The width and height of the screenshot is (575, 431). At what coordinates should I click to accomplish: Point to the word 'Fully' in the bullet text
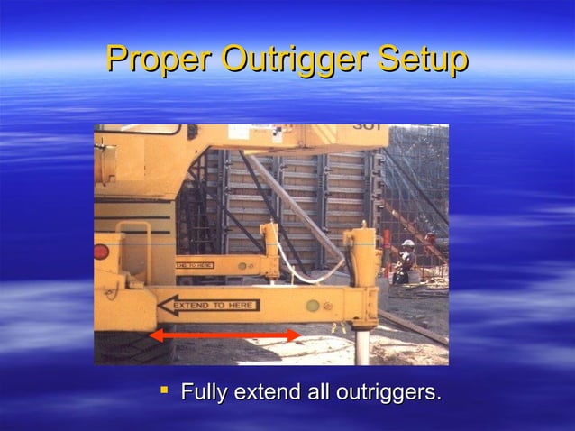(x=204, y=393)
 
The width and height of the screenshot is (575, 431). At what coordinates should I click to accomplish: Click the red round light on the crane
(x=101, y=252)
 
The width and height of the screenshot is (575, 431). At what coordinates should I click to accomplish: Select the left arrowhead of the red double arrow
(x=156, y=335)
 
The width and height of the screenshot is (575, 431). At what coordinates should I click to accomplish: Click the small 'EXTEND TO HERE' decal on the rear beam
(x=194, y=265)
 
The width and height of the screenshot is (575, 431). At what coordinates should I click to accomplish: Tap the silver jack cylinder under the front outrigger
(x=361, y=345)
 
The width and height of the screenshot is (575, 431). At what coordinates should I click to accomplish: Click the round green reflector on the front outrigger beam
(x=312, y=306)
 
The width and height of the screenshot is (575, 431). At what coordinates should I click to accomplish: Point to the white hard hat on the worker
(x=408, y=243)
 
